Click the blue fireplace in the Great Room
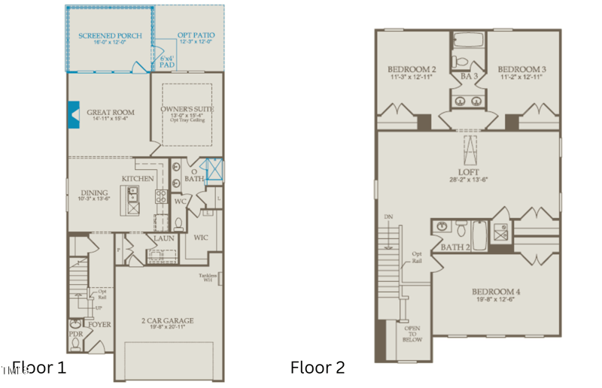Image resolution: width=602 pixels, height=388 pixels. click(74, 113)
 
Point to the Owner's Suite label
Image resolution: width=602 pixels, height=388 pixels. click(187, 109)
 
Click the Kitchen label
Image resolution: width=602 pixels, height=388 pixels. click(138, 178)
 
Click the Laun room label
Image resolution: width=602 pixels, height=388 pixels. click(164, 238)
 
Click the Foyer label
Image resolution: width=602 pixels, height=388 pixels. click(100, 325)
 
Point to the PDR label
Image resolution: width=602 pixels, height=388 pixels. click(75, 332)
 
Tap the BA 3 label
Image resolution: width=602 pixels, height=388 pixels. click(467, 75)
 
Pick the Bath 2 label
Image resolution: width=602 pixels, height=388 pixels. click(456, 247)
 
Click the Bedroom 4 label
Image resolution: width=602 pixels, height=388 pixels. click(496, 292)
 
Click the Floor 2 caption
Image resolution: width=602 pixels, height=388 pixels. click(318, 368)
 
